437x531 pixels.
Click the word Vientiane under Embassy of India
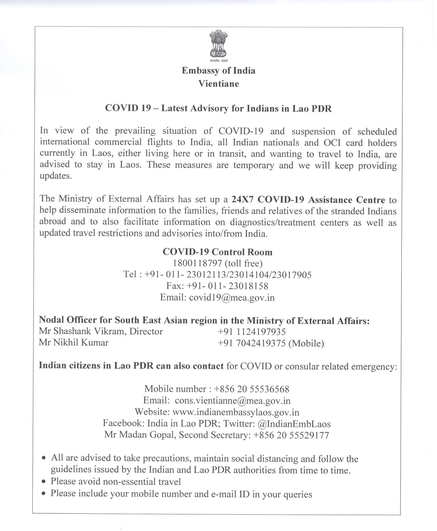click(x=219, y=84)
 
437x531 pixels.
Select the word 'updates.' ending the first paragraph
click(x=55, y=176)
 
